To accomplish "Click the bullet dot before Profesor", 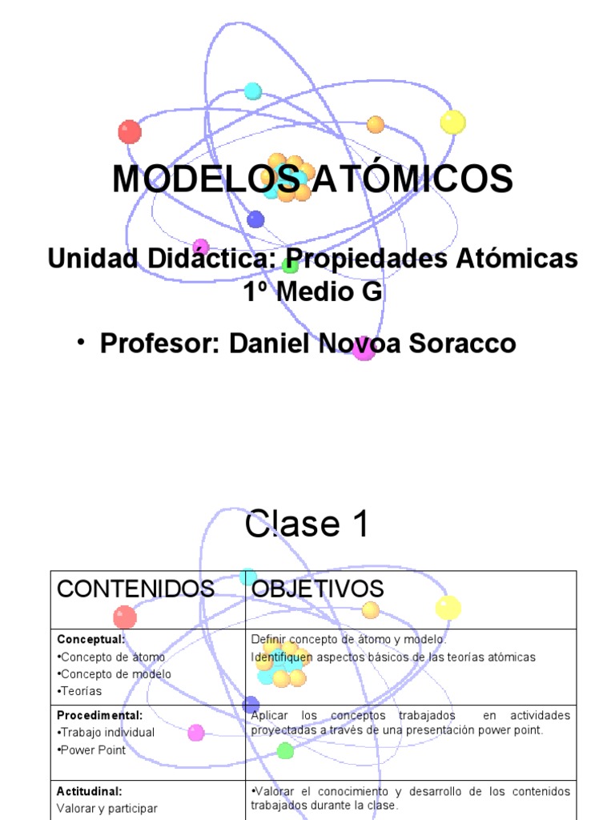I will [x=82, y=342].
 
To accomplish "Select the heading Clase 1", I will [x=307, y=525].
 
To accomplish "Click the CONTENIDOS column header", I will [x=135, y=589].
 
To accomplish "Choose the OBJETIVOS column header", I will [x=317, y=589].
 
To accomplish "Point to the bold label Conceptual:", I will [x=90, y=639].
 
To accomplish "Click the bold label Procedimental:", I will [x=100, y=715].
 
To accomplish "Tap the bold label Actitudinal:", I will [x=89, y=791].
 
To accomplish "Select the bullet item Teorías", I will [x=80, y=691].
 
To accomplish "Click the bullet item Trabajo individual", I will [x=107, y=733].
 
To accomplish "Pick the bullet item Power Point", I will [x=91, y=750].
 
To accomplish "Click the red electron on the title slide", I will [x=129, y=131].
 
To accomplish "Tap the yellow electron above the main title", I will [x=452, y=123].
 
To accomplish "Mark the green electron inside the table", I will [x=285, y=750].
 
